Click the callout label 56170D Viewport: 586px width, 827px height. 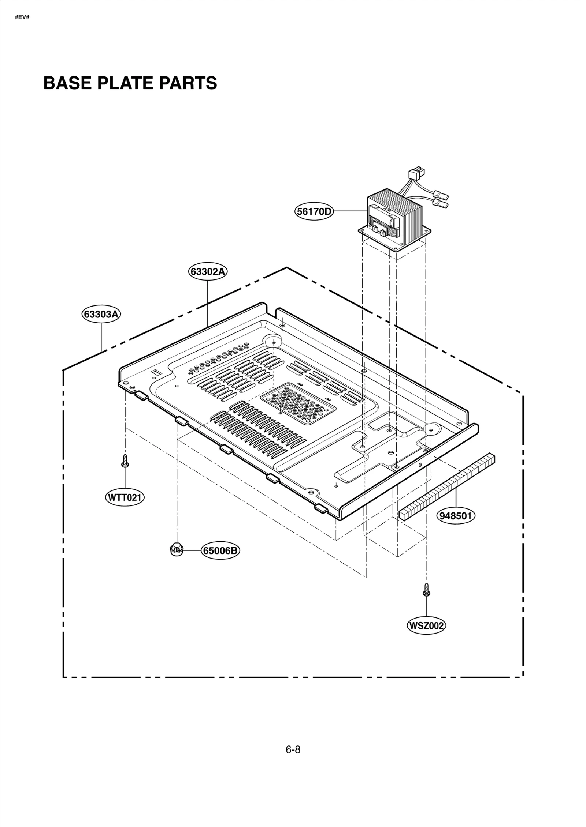(314, 211)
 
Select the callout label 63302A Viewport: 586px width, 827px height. (208, 272)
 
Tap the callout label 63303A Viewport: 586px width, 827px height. (101, 315)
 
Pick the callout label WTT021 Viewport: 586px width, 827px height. (125, 497)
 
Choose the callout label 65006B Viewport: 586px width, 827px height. (220, 550)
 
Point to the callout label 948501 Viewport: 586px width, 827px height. (456, 516)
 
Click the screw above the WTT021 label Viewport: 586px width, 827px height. (125, 461)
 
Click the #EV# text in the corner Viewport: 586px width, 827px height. (22, 17)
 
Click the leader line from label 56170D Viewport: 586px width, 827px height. (350, 211)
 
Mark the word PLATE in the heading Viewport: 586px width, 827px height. (127, 83)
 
